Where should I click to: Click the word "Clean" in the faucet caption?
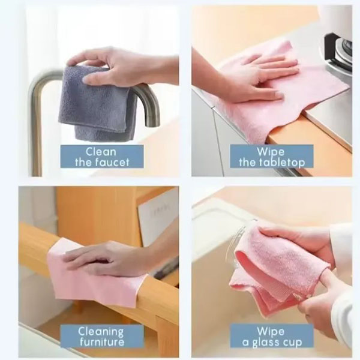coord(101,152)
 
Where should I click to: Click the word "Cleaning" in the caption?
coord(101,332)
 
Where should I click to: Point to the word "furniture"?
coord(102,342)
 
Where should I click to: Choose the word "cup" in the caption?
coord(292,343)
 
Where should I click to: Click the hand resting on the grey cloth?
coord(119,67)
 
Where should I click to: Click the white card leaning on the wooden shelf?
coord(158,220)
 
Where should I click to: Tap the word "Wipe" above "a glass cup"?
coord(271,332)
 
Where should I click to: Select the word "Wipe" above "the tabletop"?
coord(271,152)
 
